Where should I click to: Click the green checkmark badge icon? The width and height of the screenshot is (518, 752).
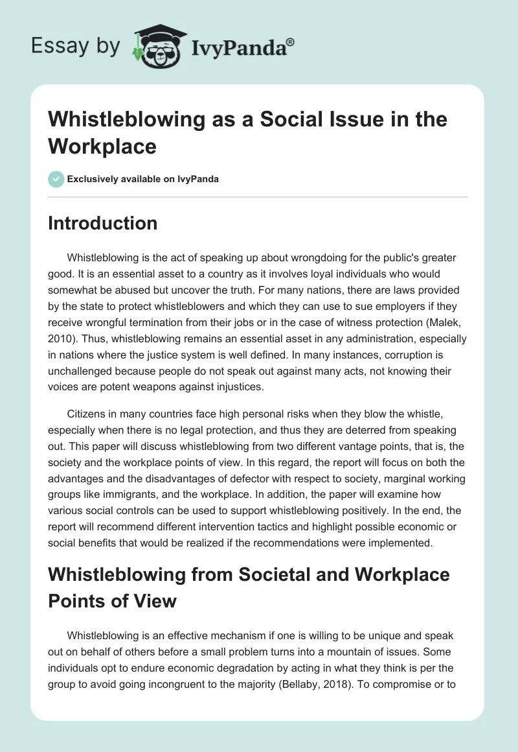56,179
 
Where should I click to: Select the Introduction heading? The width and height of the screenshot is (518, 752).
102,223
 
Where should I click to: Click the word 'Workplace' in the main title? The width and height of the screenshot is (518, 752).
102,146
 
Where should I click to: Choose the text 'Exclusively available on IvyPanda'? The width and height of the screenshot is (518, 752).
143,179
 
